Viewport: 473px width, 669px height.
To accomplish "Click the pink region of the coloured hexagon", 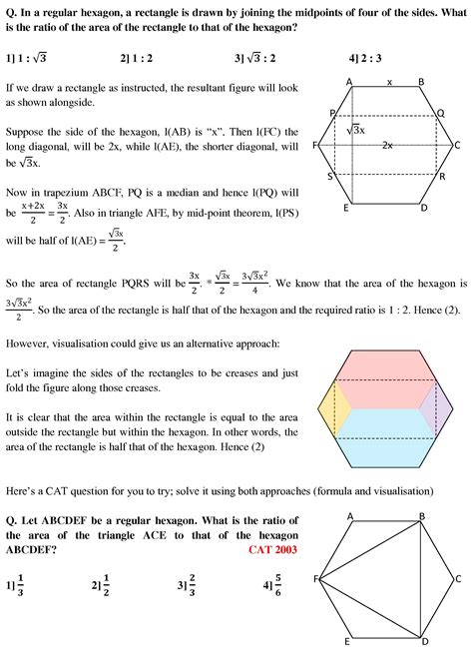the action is tap(385, 378).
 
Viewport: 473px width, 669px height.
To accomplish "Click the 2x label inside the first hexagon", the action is tap(387, 146).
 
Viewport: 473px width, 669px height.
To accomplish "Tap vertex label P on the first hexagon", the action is tap(331, 113).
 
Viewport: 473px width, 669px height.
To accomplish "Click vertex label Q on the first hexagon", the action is tap(442, 113).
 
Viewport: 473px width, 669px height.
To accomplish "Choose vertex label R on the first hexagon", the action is tap(442, 176).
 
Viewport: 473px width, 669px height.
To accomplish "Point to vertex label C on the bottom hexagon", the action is tap(457, 578).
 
